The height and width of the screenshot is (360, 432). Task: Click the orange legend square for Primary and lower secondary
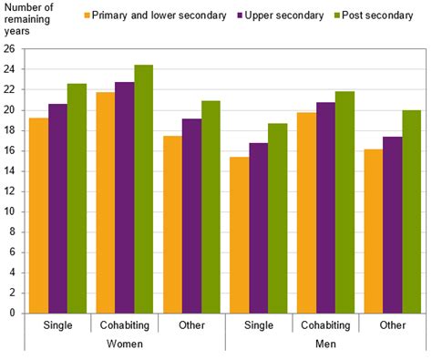[x=88, y=15]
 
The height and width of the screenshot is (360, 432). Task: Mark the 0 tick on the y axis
[x=13, y=313]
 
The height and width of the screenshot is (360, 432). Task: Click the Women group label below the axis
[x=125, y=345]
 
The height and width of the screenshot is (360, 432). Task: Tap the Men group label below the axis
[x=326, y=345]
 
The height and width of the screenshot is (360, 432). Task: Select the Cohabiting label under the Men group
[x=326, y=326]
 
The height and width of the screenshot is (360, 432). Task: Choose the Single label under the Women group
[x=57, y=326]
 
